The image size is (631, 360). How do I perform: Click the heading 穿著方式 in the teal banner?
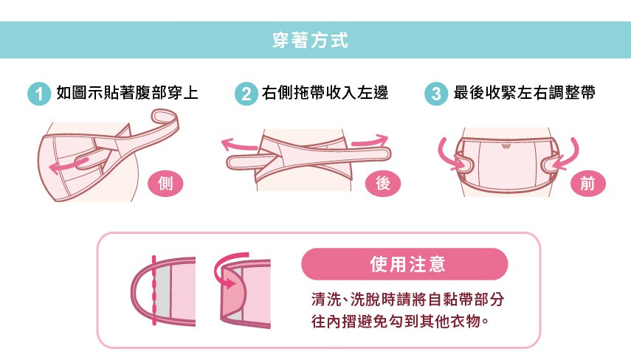pos(310,41)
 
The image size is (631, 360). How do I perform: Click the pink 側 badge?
pos(165,184)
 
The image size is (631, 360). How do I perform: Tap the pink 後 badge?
pos(383,184)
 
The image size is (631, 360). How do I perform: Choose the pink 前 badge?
pos(588,184)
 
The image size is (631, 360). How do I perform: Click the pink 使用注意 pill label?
pos(404,264)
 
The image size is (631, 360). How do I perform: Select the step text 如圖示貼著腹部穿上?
pos(127,92)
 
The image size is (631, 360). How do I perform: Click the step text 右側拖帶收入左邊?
pos(325,92)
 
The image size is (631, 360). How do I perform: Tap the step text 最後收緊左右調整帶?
pos(525,92)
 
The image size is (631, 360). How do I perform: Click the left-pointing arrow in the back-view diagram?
pos(238,145)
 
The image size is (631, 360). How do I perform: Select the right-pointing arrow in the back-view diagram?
pos(370,141)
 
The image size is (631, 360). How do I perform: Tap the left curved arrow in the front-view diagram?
pos(447,156)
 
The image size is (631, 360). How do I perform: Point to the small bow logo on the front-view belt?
pos(506,147)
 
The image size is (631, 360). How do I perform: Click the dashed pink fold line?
pos(154,290)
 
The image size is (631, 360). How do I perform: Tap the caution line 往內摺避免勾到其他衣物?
pos(400,322)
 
